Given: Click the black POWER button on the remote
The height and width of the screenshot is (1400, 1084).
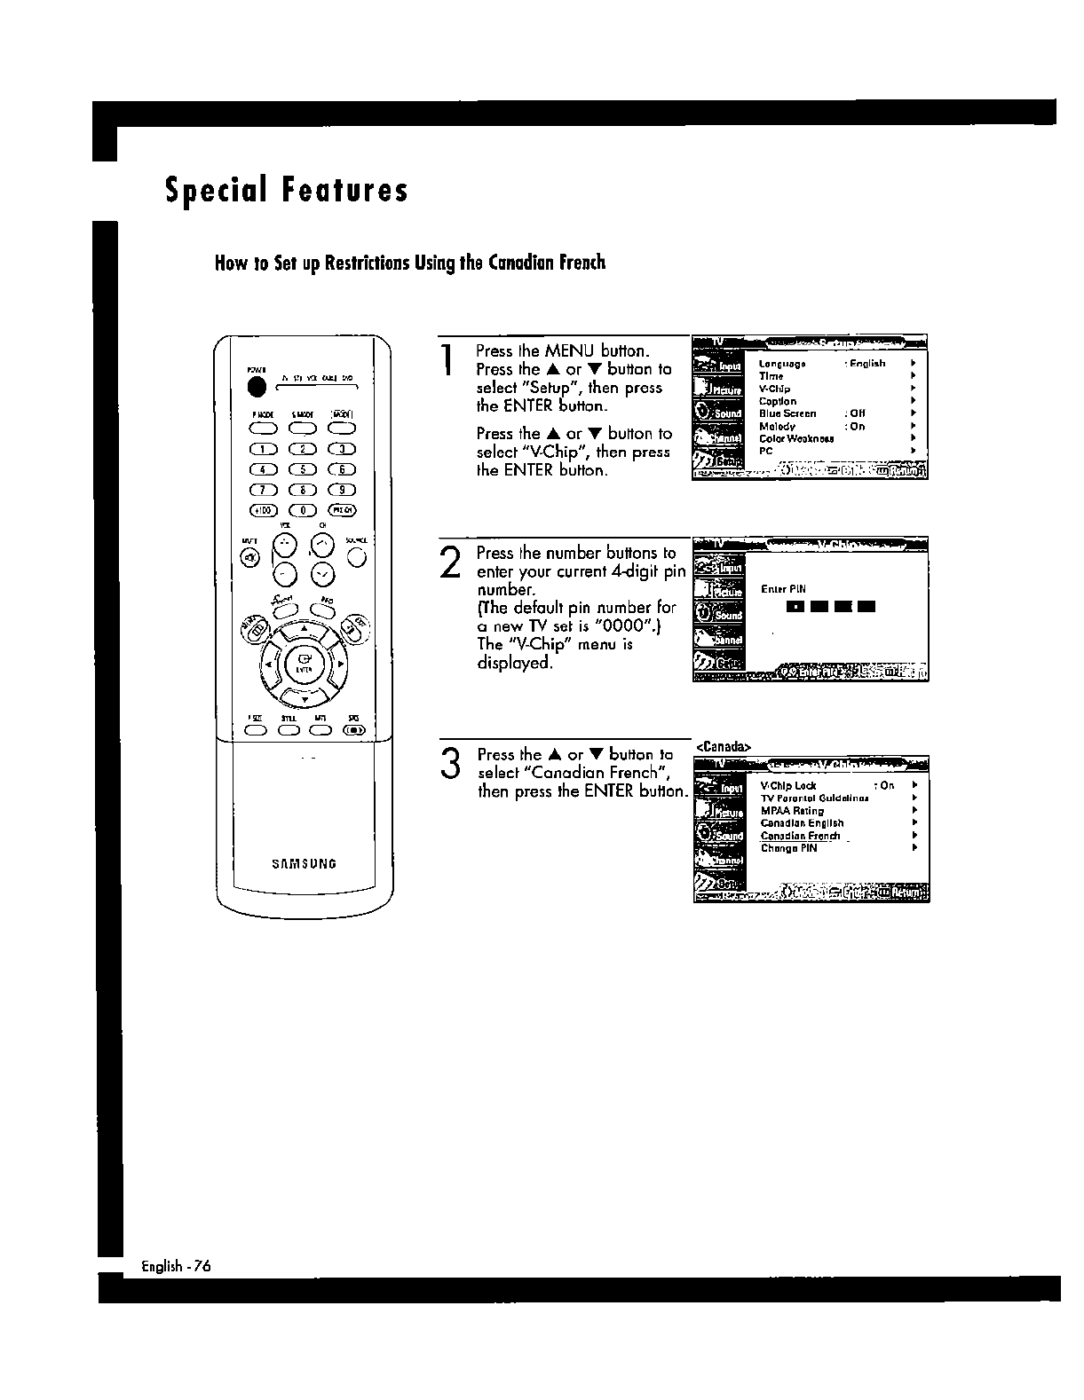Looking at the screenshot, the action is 257,387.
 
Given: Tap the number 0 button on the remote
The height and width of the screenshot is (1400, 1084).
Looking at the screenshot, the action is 305,509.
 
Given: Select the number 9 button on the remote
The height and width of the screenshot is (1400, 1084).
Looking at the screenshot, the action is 342,489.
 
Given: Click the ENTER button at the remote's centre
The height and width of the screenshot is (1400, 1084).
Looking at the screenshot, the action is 305,662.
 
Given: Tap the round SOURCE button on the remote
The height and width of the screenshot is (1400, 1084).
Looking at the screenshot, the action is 357,556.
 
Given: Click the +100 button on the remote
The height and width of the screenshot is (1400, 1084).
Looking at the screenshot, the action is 264,509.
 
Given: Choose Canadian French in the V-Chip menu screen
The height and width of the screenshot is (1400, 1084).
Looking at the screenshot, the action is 800,836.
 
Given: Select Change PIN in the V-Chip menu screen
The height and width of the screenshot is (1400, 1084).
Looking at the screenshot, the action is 788,848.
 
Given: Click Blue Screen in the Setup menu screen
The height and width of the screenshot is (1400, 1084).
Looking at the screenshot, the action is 787,413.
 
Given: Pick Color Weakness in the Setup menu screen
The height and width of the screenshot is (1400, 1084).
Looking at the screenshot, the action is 796,438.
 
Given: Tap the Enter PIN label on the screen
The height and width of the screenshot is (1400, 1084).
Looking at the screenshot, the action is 783,589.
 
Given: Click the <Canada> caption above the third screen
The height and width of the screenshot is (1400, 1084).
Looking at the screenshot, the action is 724,746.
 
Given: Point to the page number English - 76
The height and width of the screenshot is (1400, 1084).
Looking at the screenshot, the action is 177,1266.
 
